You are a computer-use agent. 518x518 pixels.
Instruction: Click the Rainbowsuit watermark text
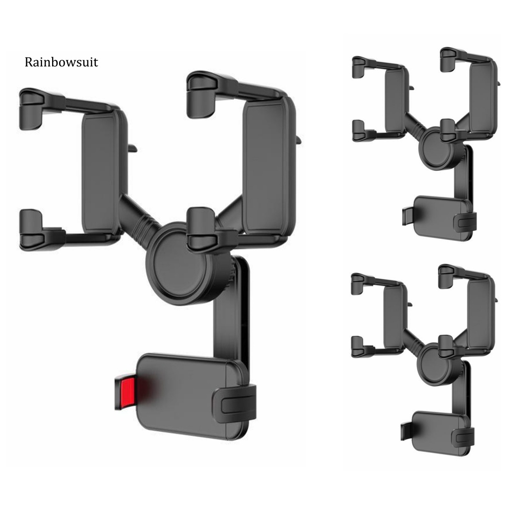[x=61, y=62]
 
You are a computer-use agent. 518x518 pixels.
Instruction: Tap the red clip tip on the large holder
[x=124, y=394]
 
